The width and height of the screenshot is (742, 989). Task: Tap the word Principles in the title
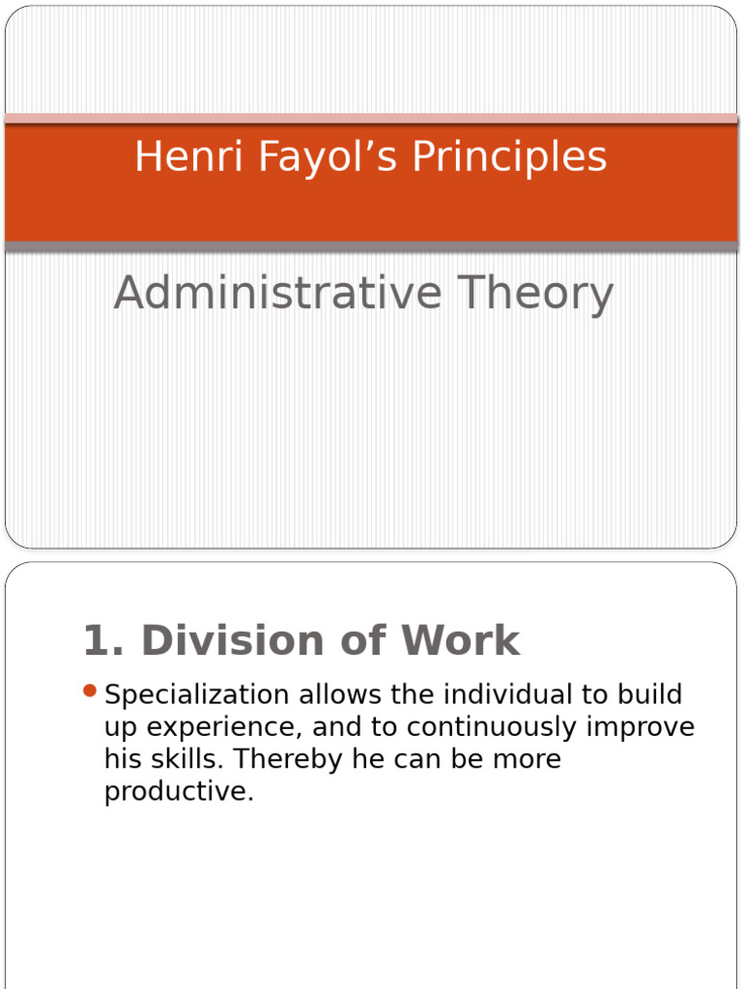click(510, 157)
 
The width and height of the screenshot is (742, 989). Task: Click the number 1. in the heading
click(105, 640)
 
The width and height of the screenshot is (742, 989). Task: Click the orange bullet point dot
click(90, 691)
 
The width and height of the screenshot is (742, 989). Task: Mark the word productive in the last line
click(179, 792)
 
